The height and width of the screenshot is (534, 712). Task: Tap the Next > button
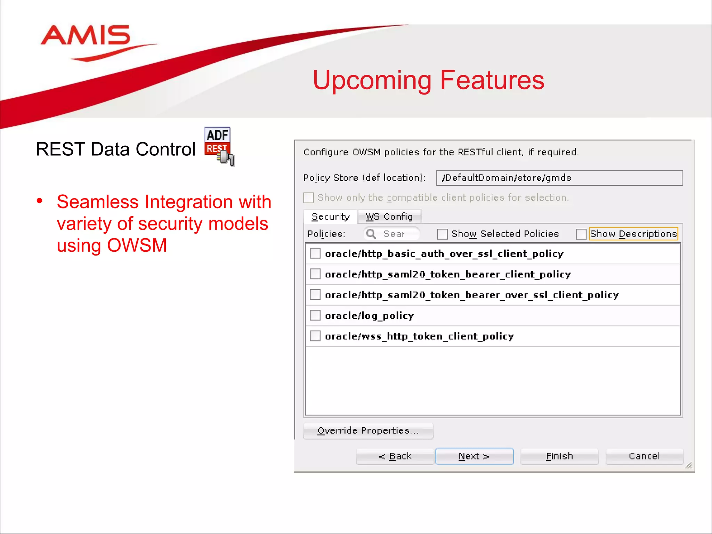[474, 456]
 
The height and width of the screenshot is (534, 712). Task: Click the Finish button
[559, 456]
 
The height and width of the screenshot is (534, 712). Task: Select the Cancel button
[644, 456]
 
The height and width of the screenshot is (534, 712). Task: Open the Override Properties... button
[368, 431]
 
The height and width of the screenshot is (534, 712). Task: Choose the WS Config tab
[389, 217]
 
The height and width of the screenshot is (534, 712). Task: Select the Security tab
[330, 217]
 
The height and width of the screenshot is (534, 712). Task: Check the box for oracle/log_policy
[315, 315]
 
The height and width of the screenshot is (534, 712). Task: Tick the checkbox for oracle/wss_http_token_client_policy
[315, 336]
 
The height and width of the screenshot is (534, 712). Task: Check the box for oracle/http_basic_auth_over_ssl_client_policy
[315, 253]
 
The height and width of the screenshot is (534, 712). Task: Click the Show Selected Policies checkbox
[442, 234]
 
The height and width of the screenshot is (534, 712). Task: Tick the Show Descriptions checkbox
[581, 234]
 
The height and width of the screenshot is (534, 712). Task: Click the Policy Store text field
[559, 178]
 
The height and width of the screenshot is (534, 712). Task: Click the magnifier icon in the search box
[371, 234]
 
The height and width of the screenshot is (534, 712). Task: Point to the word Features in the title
[492, 80]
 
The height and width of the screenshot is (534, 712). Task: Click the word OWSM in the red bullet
[137, 245]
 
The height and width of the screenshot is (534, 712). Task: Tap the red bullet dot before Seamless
[40, 201]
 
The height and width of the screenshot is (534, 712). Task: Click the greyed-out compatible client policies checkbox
[308, 198]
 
